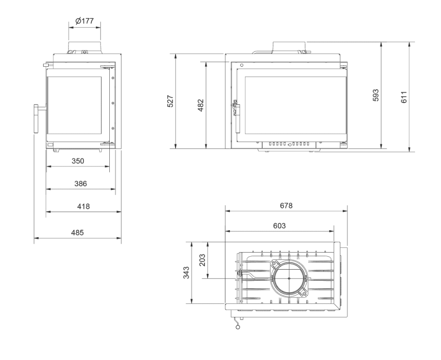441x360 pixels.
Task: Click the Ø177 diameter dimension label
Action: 84,21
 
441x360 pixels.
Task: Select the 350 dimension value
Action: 78,161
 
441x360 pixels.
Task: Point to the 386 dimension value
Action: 81,183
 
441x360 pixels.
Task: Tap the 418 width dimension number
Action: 83,207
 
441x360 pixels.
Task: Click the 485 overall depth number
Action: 77,233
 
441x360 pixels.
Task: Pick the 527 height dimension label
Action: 170,101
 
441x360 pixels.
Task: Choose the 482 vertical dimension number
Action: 201,105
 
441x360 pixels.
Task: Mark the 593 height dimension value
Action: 376,95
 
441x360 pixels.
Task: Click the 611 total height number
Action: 404,97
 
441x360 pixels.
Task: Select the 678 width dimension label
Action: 286,206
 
